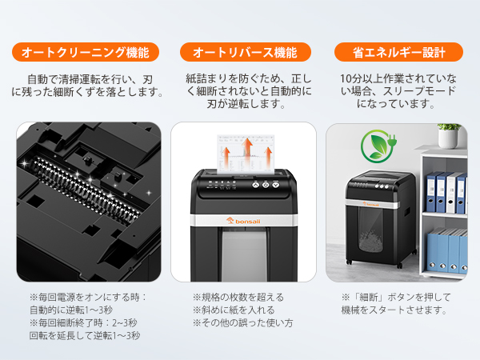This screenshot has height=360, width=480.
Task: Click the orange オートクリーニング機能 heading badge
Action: pyautogui.click(x=86, y=53)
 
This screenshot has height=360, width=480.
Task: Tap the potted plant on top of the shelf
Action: pyautogui.click(x=450, y=134)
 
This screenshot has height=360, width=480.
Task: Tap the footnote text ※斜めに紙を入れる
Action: pyautogui.click(x=234, y=310)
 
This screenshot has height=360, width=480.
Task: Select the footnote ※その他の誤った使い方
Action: pyautogui.click(x=242, y=322)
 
